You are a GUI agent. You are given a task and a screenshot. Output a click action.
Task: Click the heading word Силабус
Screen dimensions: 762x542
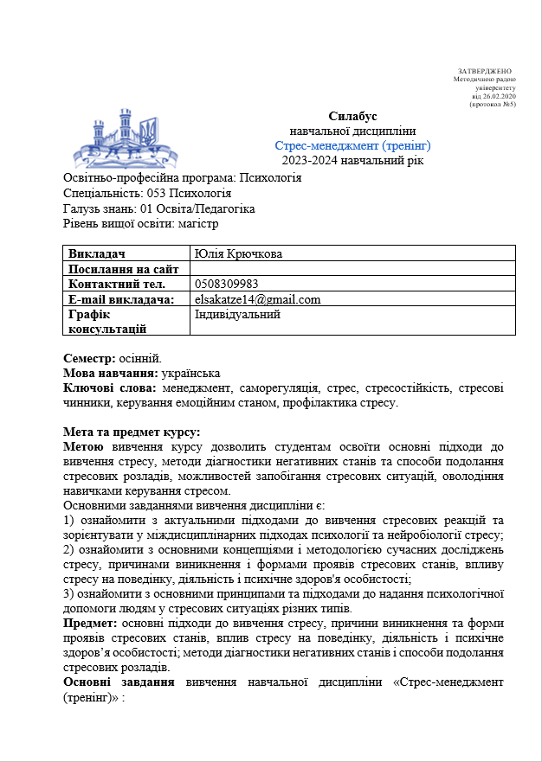352,117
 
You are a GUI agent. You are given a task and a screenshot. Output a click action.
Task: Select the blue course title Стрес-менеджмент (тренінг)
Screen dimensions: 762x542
352,145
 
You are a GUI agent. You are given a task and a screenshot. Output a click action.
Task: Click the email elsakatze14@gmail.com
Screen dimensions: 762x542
258,299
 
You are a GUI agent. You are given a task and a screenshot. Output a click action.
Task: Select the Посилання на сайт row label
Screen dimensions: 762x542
123,268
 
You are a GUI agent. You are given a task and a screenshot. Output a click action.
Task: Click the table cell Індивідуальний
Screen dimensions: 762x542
237,315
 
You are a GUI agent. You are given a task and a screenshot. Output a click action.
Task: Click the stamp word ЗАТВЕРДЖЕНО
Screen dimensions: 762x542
485,70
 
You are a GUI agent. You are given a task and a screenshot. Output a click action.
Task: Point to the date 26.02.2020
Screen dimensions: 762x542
499,96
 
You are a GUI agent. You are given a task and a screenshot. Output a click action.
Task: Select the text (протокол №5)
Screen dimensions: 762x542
492,105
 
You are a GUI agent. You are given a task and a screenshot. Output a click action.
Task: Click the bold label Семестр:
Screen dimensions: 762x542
89,358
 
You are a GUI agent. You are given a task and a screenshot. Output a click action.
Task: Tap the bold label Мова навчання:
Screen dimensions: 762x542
110,373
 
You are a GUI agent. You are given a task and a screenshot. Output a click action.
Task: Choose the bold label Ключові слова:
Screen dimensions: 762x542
107,387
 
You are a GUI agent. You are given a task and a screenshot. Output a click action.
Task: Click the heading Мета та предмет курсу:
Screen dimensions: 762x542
132,432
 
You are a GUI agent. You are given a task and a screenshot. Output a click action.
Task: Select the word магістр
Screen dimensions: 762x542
198,223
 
